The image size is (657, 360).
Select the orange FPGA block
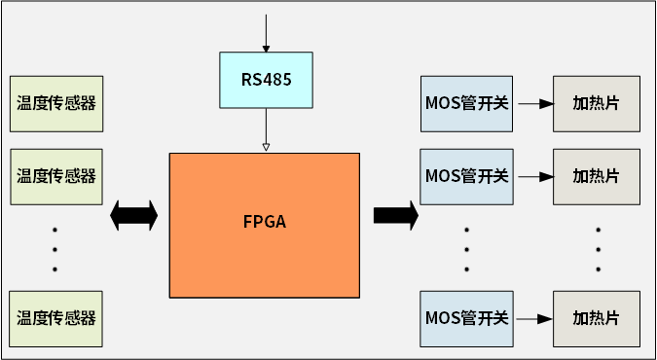265,224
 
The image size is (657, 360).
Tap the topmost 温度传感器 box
55,102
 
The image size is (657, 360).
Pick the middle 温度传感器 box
55,176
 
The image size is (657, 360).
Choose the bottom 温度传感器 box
55,318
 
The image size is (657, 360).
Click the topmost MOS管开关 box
467,102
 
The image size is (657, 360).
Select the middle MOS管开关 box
467,176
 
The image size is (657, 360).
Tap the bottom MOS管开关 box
467,318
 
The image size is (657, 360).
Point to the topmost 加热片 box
597,102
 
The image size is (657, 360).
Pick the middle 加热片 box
597,176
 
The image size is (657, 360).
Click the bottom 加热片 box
597,318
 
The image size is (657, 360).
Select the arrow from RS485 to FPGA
266,129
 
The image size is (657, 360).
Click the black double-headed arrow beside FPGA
134,215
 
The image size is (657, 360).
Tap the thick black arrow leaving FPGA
395,215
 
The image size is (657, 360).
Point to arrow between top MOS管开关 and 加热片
532,102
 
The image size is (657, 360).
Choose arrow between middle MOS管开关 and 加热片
532,177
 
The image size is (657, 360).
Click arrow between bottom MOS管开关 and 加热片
532,318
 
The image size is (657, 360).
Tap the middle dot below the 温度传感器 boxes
55,249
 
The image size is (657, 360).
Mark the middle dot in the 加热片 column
598,249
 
